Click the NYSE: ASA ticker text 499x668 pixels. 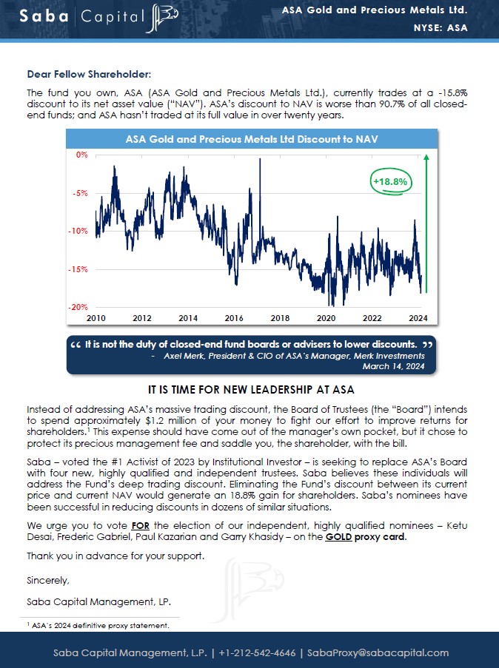click(x=440, y=29)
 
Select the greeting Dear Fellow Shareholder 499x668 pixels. click(x=89, y=74)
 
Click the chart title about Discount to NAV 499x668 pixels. click(x=252, y=138)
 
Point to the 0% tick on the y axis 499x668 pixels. click(x=81, y=155)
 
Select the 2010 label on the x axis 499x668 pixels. click(x=96, y=317)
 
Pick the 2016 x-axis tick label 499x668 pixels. click(x=234, y=317)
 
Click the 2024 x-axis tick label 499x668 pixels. click(x=418, y=317)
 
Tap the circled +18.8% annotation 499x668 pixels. click(x=391, y=181)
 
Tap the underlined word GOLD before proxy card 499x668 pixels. click(x=338, y=536)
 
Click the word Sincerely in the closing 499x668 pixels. click(x=48, y=580)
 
